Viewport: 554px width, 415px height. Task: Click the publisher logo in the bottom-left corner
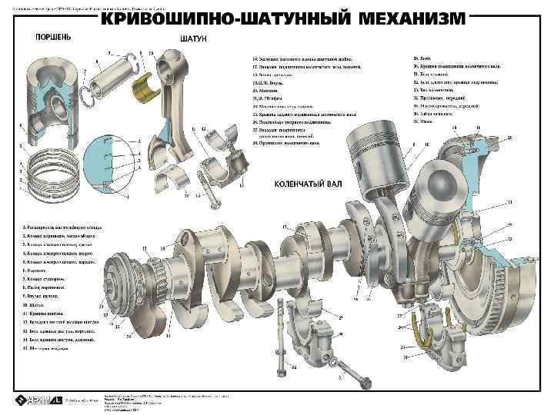tap(31, 400)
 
